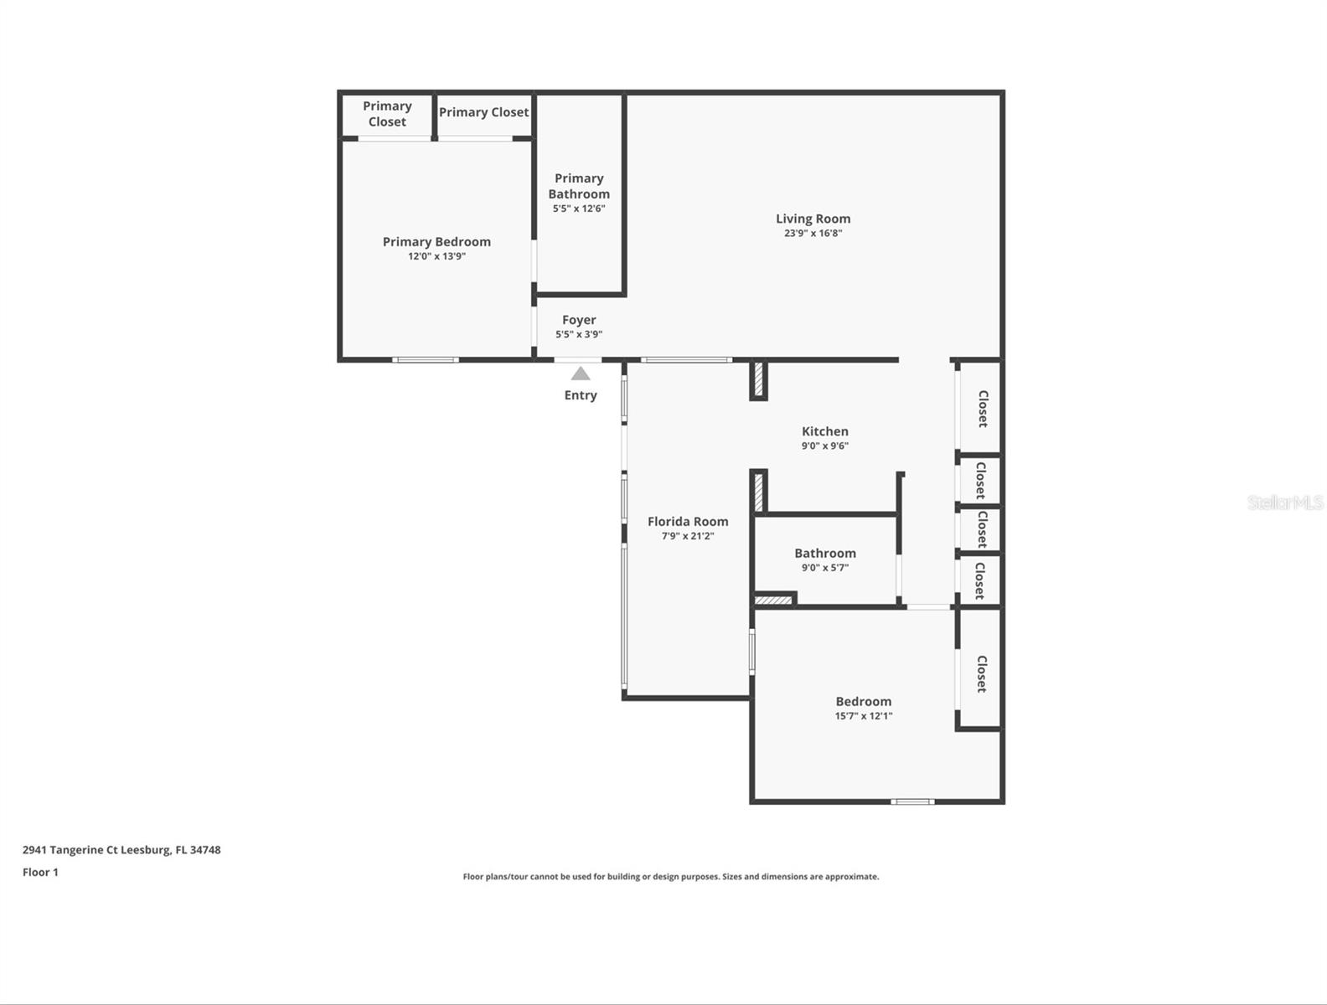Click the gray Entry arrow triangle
click(x=581, y=374)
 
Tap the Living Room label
click(x=813, y=219)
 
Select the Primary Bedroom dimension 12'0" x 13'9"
click(x=436, y=256)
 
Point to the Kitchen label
click(x=825, y=431)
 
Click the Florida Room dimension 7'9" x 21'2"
click(x=688, y=536)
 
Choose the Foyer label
click(x=579, y=320)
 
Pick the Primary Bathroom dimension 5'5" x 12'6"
click(x=579, y=209)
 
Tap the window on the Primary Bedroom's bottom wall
click(x=426, y=360)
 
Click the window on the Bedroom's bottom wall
click(x=913, y=802)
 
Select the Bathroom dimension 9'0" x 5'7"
click(x=825, y=568)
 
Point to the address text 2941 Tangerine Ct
click(x=70, y=850)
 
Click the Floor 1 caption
click(x=40, y=872)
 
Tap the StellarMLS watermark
click(x=1285, y=502)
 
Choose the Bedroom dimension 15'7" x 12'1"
click(x=864, y=716)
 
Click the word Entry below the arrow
click(x=581, y=395)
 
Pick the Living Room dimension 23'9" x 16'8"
click(x=813, y=234)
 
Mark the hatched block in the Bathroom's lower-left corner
click(x=773, y=600)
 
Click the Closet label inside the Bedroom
click(x=983, y=674)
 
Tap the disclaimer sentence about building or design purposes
click(x=671, y=876)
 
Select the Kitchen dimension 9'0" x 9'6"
click(x=825, y=446)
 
